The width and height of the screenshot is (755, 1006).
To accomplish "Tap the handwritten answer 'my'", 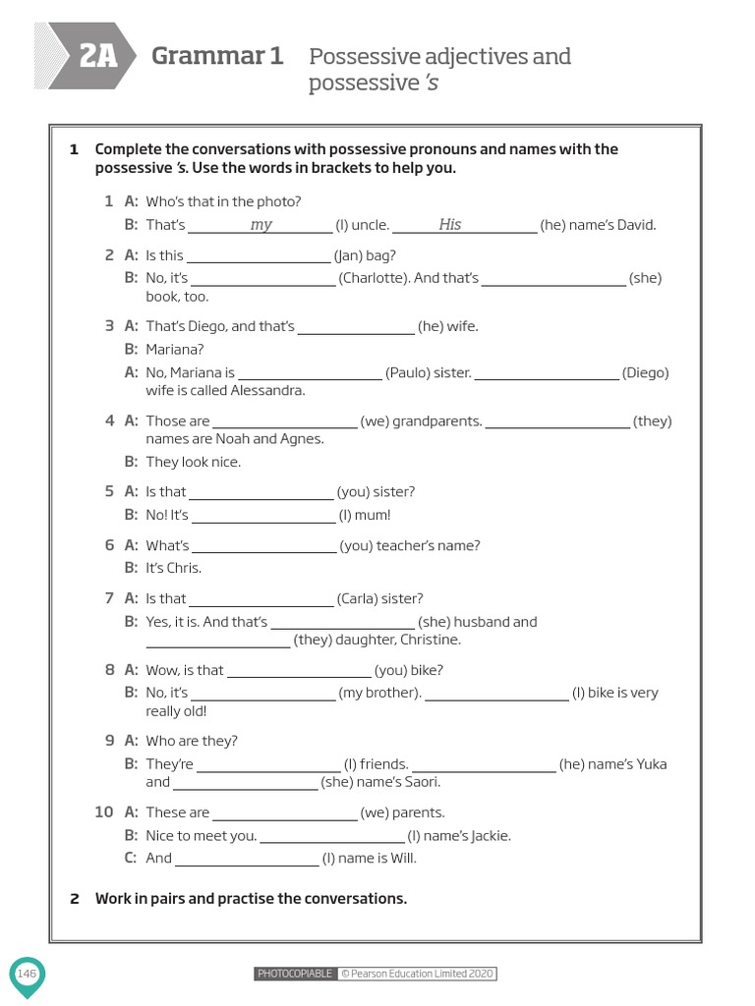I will [x=261, y=225].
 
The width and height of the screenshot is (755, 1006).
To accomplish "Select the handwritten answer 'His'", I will [x=450, y=225].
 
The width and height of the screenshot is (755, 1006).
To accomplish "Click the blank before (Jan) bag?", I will [x=259, y=256].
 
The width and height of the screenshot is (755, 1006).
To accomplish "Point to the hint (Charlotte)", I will [x=375, y=278].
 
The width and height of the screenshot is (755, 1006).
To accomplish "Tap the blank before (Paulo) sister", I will [x=310, y=373].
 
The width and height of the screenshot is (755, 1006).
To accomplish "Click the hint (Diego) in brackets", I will [x=645, y=373].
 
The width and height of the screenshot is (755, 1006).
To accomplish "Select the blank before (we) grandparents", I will [x=285, y=421].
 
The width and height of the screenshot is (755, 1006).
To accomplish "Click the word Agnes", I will [x=305, y=439].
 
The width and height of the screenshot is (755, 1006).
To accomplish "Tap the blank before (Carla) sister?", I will [x=261, y=599].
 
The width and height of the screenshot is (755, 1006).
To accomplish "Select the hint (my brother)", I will [x=380, y=693].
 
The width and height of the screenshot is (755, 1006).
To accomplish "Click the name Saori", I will [x=420, y=782].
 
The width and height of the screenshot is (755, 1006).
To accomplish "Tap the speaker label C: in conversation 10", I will [x=131, y=858].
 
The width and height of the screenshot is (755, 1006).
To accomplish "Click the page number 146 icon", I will [x=27, y=974].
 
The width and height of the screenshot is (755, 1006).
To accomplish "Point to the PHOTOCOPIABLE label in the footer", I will [x=295, y=974].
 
